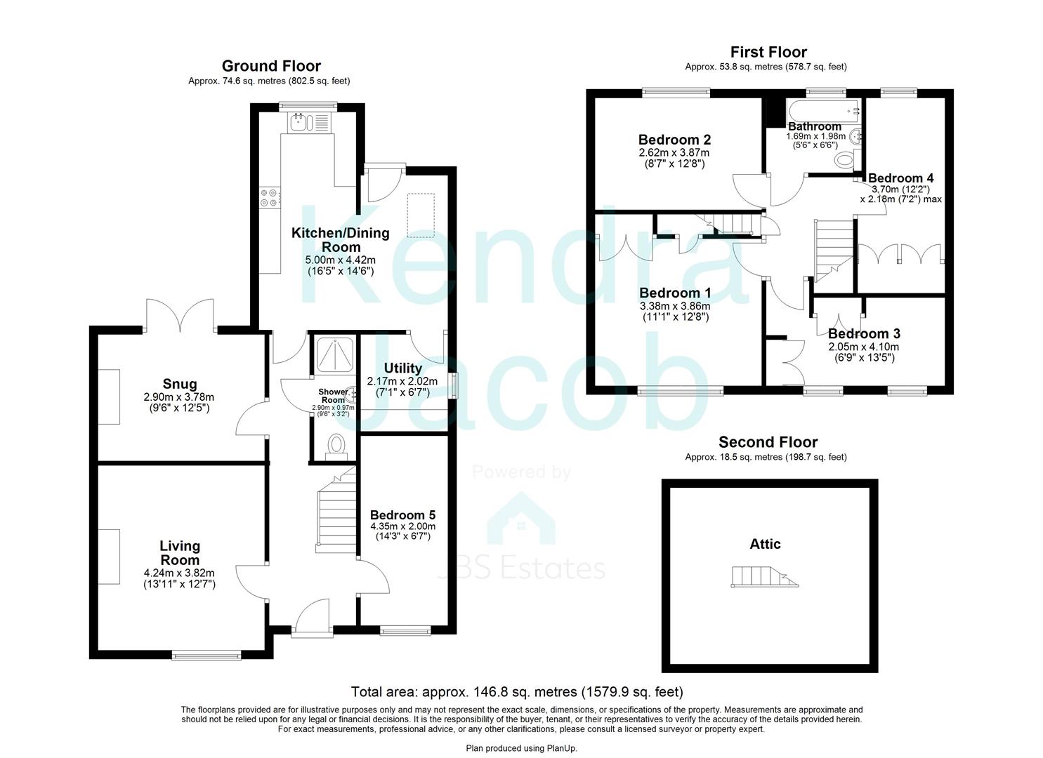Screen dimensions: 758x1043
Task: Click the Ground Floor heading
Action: click(271, 66)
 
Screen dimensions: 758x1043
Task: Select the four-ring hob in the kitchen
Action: click(269, 197)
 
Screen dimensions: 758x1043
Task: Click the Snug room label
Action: click(180, 384)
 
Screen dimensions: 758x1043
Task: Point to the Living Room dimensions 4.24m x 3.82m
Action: click(179, 573)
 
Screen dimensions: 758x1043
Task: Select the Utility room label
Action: click(403, 368)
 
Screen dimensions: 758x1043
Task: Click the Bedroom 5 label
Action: click(402, 514)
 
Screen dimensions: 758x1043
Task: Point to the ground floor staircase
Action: click(336, 512)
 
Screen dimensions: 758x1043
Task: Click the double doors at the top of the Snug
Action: click(180, 316)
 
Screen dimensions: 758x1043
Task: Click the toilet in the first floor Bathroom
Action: click(846, 161)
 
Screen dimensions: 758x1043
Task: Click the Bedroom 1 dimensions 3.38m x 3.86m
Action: click(674, 306)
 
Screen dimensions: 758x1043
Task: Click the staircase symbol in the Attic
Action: click(764, 576)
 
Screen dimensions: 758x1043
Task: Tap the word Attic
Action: click(765, 544)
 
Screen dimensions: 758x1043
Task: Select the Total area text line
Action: click(516, 692)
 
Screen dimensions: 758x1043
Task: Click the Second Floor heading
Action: click(768, 442)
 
